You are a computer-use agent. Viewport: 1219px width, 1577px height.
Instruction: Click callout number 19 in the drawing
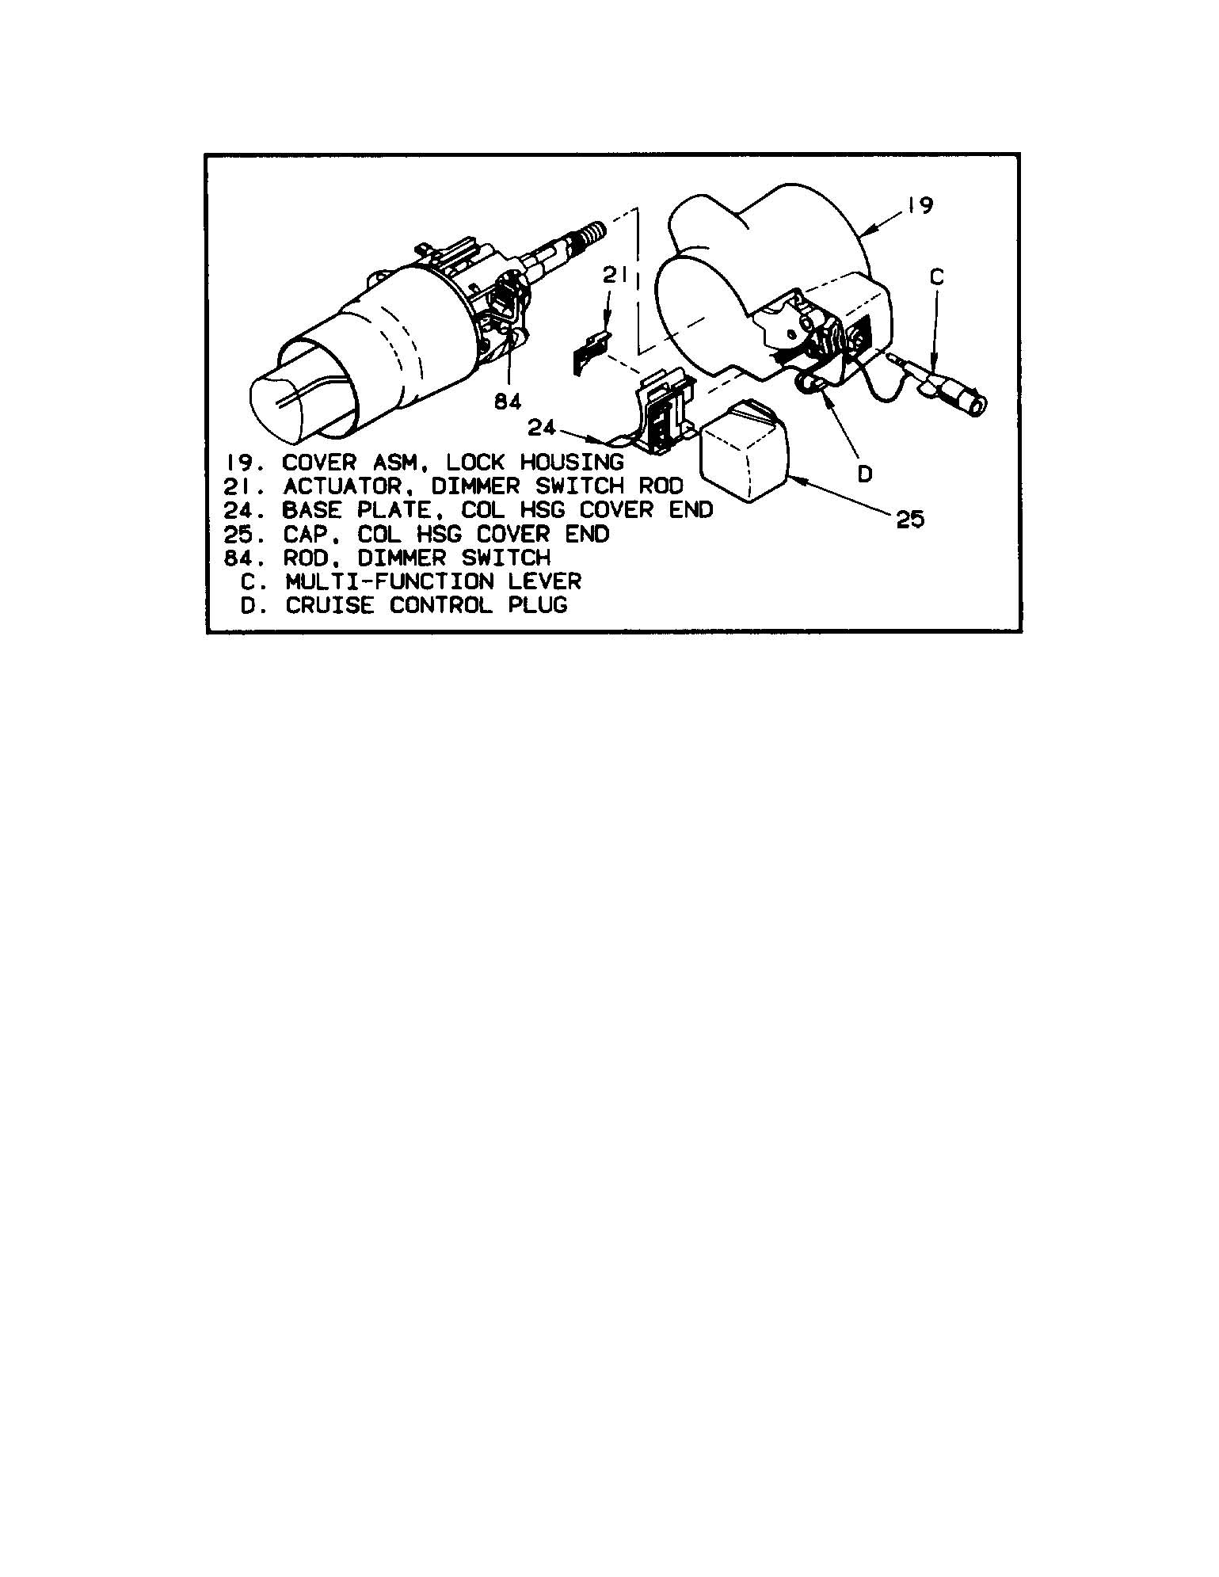coord(920,204)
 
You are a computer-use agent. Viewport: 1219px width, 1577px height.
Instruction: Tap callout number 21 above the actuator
coord(615,276)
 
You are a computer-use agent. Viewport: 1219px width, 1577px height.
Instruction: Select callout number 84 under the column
coord(508,402)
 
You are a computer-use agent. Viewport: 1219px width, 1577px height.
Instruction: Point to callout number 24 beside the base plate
coord(542,428)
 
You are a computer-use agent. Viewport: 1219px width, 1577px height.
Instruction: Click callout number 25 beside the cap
coord(910,520)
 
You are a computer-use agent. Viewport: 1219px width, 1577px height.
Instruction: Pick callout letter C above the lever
coord(936,276)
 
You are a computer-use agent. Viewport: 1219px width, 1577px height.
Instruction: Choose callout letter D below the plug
coord(865,474)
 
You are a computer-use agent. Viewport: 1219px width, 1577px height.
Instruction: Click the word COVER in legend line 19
coord(320,462)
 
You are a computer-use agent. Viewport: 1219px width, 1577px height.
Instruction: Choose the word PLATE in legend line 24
coord(393,509)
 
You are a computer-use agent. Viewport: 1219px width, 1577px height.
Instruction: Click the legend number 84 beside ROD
coord(238,558)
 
